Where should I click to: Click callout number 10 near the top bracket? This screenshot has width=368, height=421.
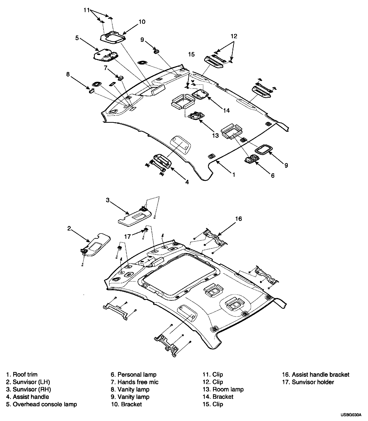click(x=142, y=22)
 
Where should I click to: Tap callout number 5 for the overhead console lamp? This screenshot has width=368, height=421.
click(x=77, y=38)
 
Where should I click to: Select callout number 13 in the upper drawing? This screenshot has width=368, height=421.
click(x=215, y=135)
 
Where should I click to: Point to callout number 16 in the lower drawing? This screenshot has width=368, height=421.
click(x=238, y=219)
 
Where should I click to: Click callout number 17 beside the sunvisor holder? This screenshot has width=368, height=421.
click(x=128, y=236)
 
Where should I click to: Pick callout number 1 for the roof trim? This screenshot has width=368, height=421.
click(x=234, y=174)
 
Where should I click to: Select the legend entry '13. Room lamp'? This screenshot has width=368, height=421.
click(x=223, y=389)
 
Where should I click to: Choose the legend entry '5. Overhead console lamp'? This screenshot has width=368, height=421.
click(x=41, y=404)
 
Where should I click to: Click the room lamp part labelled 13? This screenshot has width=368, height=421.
click(x=196, y=116)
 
